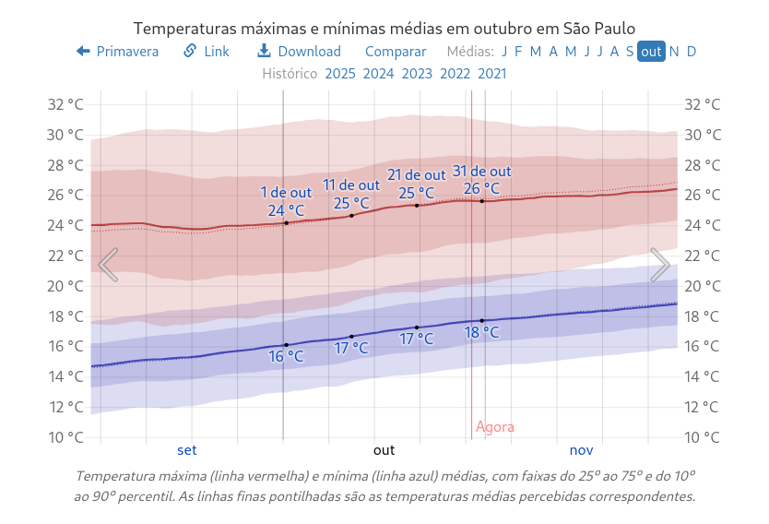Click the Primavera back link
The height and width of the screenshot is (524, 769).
click(118, 52)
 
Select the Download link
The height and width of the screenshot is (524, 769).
click(299, 52)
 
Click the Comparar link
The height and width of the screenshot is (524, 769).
click(396, 52)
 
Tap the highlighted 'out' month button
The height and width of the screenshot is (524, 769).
click(651, 52)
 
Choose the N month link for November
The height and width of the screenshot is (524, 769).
click(674, 52)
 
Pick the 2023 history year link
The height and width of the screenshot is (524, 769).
click(417, 74)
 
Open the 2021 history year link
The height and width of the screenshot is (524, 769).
click(492, 74)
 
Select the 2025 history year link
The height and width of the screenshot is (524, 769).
click(340, 74)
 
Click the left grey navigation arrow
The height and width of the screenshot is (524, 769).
click(108, 265)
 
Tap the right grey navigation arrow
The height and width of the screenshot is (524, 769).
click(660, 265)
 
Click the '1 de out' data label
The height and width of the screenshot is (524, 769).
click(286, 193)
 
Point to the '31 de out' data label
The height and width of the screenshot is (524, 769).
click(481, 172)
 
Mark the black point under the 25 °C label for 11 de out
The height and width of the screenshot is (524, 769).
click(351, 216)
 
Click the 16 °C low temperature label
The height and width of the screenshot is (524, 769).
click(286, 356)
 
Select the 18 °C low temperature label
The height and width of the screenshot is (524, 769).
click(481, 333)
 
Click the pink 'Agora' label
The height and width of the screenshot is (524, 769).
click(495, 427)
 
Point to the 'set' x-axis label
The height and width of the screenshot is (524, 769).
click(187, 450)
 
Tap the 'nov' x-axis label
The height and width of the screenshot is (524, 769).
click(581, 450)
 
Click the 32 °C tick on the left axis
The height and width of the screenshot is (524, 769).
click(65, 104)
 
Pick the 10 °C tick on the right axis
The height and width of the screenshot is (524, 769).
click(703, 436)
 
